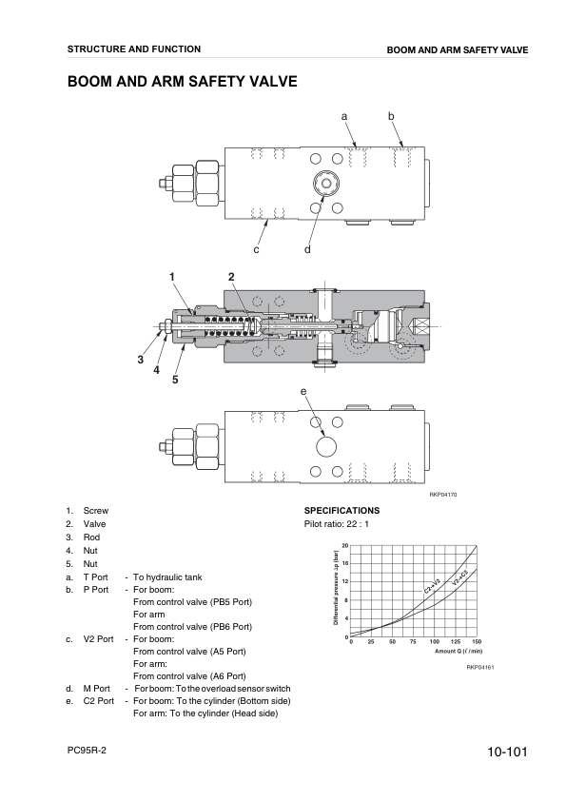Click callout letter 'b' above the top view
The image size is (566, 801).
(x=390, y=115)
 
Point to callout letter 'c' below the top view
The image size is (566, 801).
(x=256, y=250)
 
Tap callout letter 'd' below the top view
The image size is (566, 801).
(x=307, y=250)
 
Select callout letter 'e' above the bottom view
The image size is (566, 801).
(x=303, y=391)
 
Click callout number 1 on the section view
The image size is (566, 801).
(x=172, y=276)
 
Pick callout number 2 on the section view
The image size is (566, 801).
(x=230, y=276)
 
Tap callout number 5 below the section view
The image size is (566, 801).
(x=175, y=381)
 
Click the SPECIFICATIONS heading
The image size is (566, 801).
(x=342, y=511)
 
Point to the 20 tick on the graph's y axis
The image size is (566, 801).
(x=344, y=545)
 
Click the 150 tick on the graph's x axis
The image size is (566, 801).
(x=476, y=642)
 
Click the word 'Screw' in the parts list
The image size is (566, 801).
(x=96, y=511)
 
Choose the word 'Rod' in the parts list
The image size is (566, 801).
(x=91, y=537)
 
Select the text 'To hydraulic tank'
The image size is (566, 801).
(x=167, y=576)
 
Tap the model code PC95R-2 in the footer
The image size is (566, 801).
(x=87, y=750)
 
